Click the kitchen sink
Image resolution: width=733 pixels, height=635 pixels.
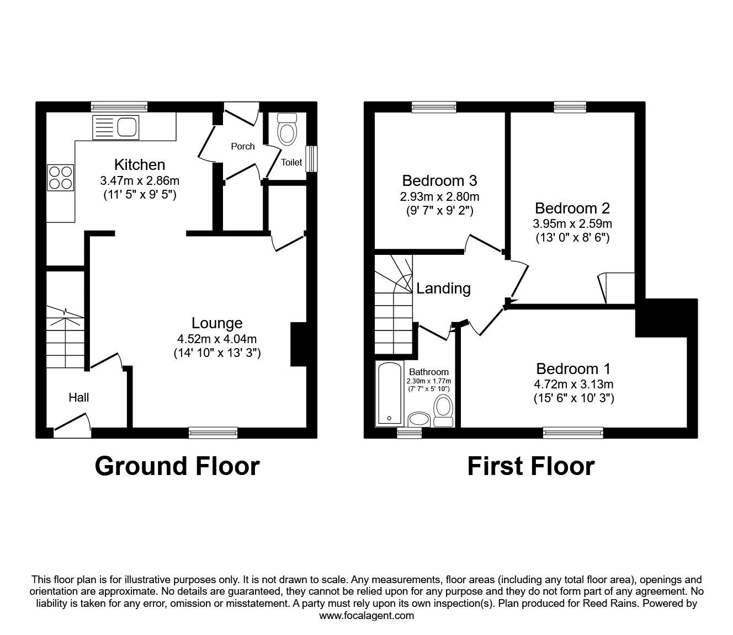tap(116, 127)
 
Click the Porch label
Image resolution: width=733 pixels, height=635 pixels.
tap(243, 146)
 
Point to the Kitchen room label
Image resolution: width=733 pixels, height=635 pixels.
tap(139, 164)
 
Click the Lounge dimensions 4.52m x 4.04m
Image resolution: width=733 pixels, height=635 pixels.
tap(216, 339)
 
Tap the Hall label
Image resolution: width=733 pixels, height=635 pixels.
tap(78, 397)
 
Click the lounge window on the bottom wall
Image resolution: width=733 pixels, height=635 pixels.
tap(213, 433)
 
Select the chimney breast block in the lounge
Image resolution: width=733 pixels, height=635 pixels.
tap(298, 344)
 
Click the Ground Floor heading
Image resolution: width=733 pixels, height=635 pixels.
tap(177, 466)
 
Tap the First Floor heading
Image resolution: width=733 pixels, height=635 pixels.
tap(530, 466)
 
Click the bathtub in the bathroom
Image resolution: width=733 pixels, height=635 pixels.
tap(390, 394)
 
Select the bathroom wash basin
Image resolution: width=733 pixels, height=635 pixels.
tap(420, 419)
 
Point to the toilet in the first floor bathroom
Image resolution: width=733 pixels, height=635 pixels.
tap(443, 412)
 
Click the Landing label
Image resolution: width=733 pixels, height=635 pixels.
tap(443, 288)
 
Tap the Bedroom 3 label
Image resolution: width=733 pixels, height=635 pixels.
tap(439, 180)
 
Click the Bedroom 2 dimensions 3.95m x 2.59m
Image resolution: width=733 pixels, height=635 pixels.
tap(572, 224)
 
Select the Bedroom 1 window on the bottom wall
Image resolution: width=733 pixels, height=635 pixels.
tap(572, 433)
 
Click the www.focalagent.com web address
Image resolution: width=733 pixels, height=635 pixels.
tap(366, 616)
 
